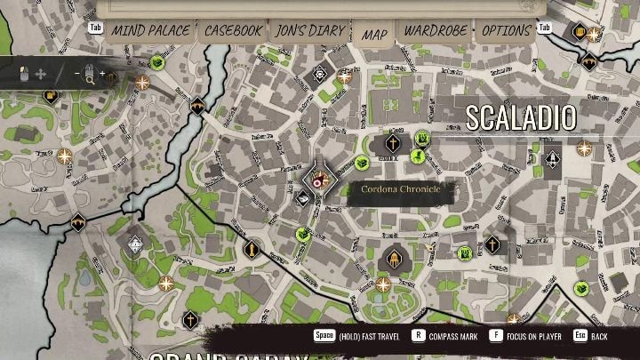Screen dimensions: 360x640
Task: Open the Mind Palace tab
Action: pos(150,31)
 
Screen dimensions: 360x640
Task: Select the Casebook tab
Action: pos(233,31)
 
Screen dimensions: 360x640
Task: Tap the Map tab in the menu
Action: pos(374,34)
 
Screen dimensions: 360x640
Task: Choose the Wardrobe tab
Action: pos(436,31)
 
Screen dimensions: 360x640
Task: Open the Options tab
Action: pos(506,31)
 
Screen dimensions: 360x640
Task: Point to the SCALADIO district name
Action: pos(521,117)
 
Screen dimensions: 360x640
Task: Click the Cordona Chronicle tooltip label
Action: pos(401,189)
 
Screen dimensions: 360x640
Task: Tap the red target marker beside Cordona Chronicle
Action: pos(324,181)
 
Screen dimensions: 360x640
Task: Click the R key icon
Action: pos(418,337)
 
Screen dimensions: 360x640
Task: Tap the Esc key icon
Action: pos(580,337)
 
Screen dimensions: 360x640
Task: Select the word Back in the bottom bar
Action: pos(601,338)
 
